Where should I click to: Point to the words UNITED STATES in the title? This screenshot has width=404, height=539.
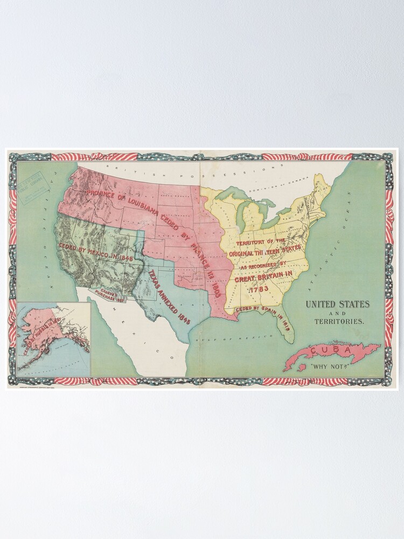point(338,304)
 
